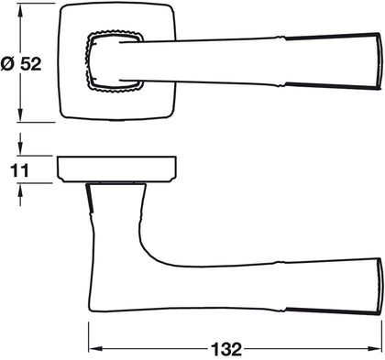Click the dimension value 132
tap(226, 349)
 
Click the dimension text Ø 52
tap(21, 64)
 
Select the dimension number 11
tap(19, 170)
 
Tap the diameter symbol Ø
tap(7, 64)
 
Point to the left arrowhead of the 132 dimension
tap(94, 348)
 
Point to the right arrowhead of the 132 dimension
tap(376, 348)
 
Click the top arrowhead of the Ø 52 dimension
tap(20, 11)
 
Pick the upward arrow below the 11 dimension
tap(20, 194)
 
